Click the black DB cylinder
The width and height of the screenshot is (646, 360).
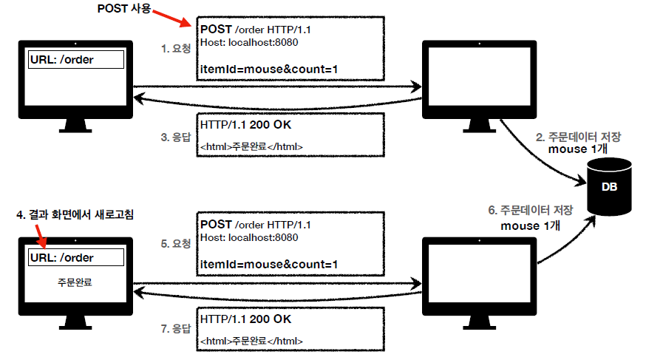(609, 188)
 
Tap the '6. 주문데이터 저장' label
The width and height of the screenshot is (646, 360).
(531, 210)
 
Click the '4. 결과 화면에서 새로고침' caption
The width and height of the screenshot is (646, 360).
(78, 214)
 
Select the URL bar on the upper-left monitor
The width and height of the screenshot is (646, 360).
(75, 60)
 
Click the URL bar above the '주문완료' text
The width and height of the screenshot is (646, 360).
(75, 257)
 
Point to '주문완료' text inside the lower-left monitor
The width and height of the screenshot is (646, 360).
(75, 282)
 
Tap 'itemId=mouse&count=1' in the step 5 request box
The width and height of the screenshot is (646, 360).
(269, 265)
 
